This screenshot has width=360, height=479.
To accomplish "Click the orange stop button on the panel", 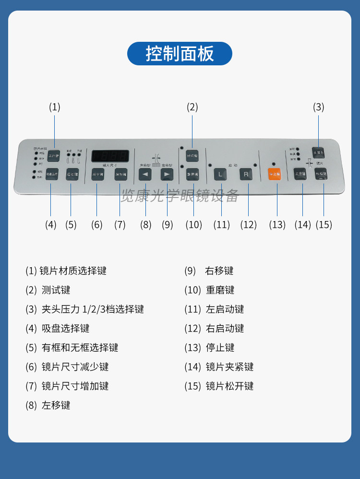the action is click(x=275, y=174).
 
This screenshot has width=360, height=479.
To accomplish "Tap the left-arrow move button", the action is click(x=145, y=174).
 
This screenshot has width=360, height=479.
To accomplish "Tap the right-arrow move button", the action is click(x=167, y=174).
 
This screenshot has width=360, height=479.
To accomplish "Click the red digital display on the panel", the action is click(x=110, y=156).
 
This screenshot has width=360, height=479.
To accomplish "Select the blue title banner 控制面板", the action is click(x=180, y=53).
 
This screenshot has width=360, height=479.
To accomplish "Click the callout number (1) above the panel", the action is click(x=55, y=107).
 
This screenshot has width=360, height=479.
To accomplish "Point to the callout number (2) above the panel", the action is click(x=192, y=107).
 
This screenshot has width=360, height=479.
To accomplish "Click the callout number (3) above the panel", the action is click(x=319, y=107).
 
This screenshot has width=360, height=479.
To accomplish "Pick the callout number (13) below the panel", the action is click(x=277, y=224).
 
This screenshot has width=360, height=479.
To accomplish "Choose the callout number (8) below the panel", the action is click(x=145, y=224).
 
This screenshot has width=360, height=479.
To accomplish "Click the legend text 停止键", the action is click(x=220, y=347).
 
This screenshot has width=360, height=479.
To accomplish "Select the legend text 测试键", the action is click(x=56, y=290).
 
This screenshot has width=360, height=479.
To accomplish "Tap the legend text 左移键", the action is click(x=56, y=405).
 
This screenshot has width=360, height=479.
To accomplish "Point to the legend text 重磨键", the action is click(x=220, y=290).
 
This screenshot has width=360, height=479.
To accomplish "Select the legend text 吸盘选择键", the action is click(x=65, y=328).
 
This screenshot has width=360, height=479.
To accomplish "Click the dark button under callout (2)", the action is click(x=192, y=155).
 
